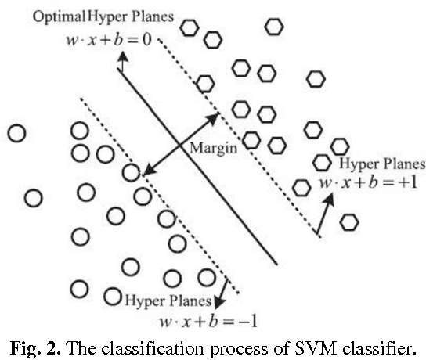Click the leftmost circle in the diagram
click(16, 134)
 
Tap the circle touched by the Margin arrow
click(132, 171)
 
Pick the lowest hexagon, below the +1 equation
click(348, 221)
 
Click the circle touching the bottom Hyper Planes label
click(112, 297)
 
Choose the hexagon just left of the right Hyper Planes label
click(321, 163)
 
